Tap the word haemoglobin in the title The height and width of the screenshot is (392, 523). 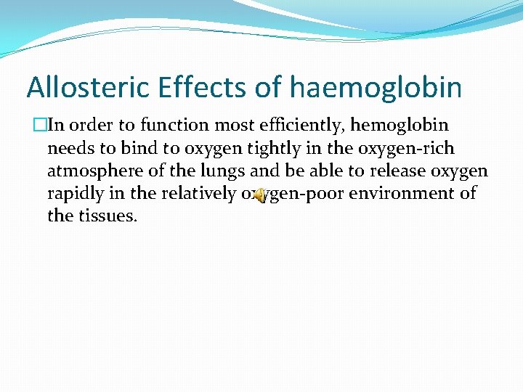375,87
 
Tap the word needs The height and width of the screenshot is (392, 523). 68,148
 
